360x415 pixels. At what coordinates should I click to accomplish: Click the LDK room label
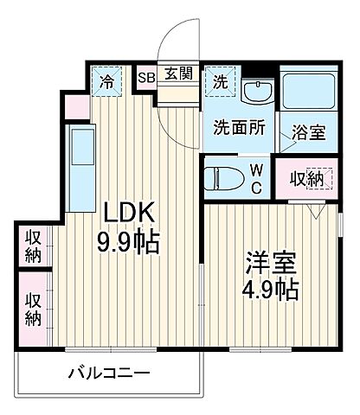(x=131, y=212)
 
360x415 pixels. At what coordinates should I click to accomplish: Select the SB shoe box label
(x=146, y=76)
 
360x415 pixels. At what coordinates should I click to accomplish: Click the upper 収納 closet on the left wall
(x=33, y=245)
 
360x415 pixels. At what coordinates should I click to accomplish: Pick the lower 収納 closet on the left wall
(x=33, y=308)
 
